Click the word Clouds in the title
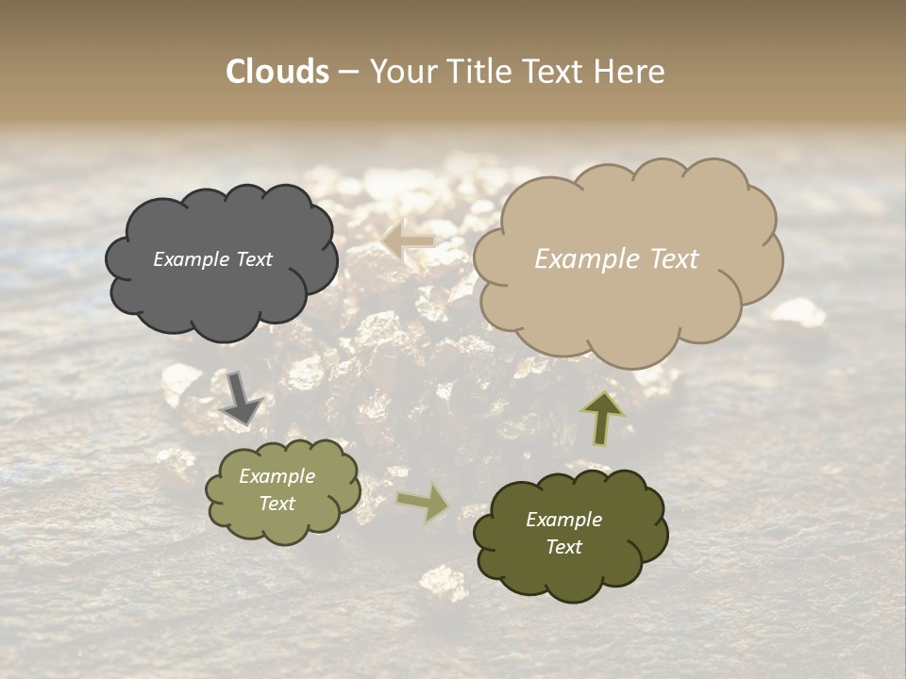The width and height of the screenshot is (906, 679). click(x=277, y=72)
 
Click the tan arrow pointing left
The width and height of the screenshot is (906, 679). click(x=408, y=240)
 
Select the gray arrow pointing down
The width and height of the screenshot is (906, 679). click(x=241, y=398)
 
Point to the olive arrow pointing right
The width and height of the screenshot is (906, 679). click(x=424, y=502)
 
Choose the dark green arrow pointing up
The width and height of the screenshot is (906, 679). click(x=602, y=418)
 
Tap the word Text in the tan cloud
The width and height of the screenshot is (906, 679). click(x=674, y=259)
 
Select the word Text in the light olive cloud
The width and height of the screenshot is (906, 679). click(x=277, y=504)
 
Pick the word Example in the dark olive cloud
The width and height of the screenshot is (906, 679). click(x=563, y=520)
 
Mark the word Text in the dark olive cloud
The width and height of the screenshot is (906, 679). click(x=563, y=547)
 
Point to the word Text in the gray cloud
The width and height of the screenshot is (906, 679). click(x=255, y=259)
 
